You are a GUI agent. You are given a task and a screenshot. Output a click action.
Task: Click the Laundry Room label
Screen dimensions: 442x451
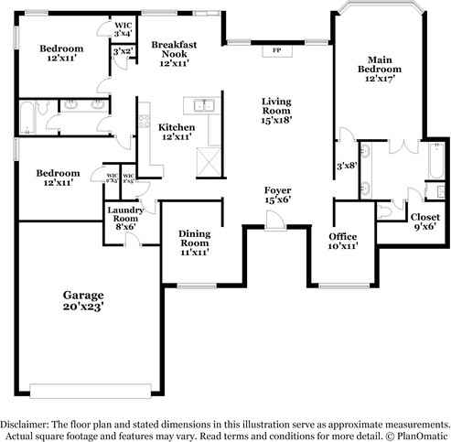[x=123, y=216]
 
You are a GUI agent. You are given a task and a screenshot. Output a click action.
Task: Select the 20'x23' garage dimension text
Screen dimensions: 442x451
[x=83, y=308]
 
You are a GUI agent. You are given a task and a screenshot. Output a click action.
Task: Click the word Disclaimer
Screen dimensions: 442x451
[x=27, y=425]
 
